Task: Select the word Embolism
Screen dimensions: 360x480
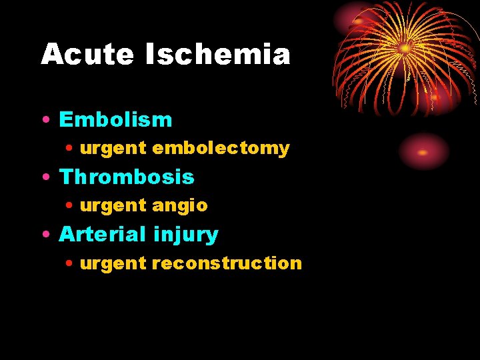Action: click(x=115, y=120)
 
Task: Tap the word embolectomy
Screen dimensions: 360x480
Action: click(x=221, y=149)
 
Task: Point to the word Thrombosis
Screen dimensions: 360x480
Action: click(x=127, y=177)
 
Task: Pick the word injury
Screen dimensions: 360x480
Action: click(x=185, y=235)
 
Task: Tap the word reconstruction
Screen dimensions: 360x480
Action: click(x=227, y=263)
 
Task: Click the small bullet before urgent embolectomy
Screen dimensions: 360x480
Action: click(x=70, y=149)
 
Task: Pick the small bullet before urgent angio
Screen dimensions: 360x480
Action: click(x=70, y=206)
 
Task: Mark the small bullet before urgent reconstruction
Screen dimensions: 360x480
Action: click(x=70, y=263)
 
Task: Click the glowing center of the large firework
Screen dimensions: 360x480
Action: click(x=405, y=48)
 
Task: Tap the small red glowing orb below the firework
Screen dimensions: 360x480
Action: click(x=423, y=152)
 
